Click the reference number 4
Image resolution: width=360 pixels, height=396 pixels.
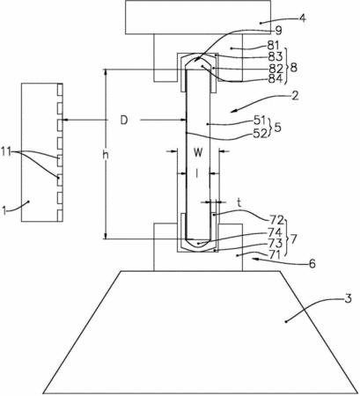pyautogui.click(x=302, y=18)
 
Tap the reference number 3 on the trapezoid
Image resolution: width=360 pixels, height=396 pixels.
pyautogui.click(x=348, y=299)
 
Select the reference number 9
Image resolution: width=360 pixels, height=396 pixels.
pyautogui.click(x=277, y=30)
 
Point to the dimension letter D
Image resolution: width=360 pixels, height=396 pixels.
pyautogui.click(x=124, y=121)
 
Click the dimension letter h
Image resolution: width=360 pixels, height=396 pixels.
pyautogui.click(x=106, y=155)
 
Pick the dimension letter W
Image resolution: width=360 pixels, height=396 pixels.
pyautogui.click(x=198, y=152)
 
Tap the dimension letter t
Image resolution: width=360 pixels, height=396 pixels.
pyautogui.click(x=239, y=202)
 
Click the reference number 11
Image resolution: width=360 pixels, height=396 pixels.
pyautogui.click(x=6, y=151)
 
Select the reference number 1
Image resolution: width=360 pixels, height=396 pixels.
pyautogui.click(x=4, y=210)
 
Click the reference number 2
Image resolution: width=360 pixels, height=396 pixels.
pyautogui.click(x=295, y=96)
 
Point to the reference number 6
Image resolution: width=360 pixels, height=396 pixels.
pyautogui.click(x=312, y=264)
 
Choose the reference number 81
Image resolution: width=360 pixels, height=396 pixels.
pyautogui.click(x=274, y=46)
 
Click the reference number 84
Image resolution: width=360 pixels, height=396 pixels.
pyautogui.click(x=276, y=78)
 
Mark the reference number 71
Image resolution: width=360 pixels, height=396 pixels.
pyautogui.click(x=275, y=255)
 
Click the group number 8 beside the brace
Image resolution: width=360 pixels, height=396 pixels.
pyautogui.click(x=293, y=68)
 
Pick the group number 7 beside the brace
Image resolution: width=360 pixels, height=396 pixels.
pyautogui.click(x=293, y=239)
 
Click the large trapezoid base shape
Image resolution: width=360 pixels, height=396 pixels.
pyautogui.click(x=201, y=332)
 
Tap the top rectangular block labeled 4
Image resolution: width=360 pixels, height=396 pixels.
pyautogui.click(x=198, y=18)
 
